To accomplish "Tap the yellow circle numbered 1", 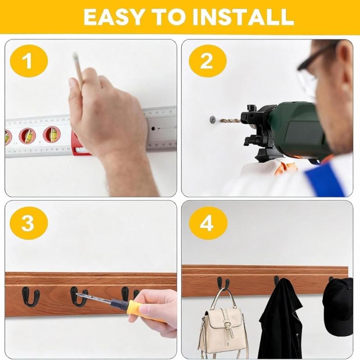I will tap(28, 61).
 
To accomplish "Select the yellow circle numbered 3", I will tap(28, 222).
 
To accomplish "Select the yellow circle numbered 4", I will tap(207, 222).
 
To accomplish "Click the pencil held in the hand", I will tap(78, 67).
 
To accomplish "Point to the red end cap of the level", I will tap(77, 146).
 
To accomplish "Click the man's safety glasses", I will tap(310, 72).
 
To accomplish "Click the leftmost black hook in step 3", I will tap(31, 297).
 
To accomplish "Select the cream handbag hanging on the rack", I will tap(223, 326).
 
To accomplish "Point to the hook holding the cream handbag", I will tap(222, 283).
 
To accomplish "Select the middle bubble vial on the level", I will tap(27, 135).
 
